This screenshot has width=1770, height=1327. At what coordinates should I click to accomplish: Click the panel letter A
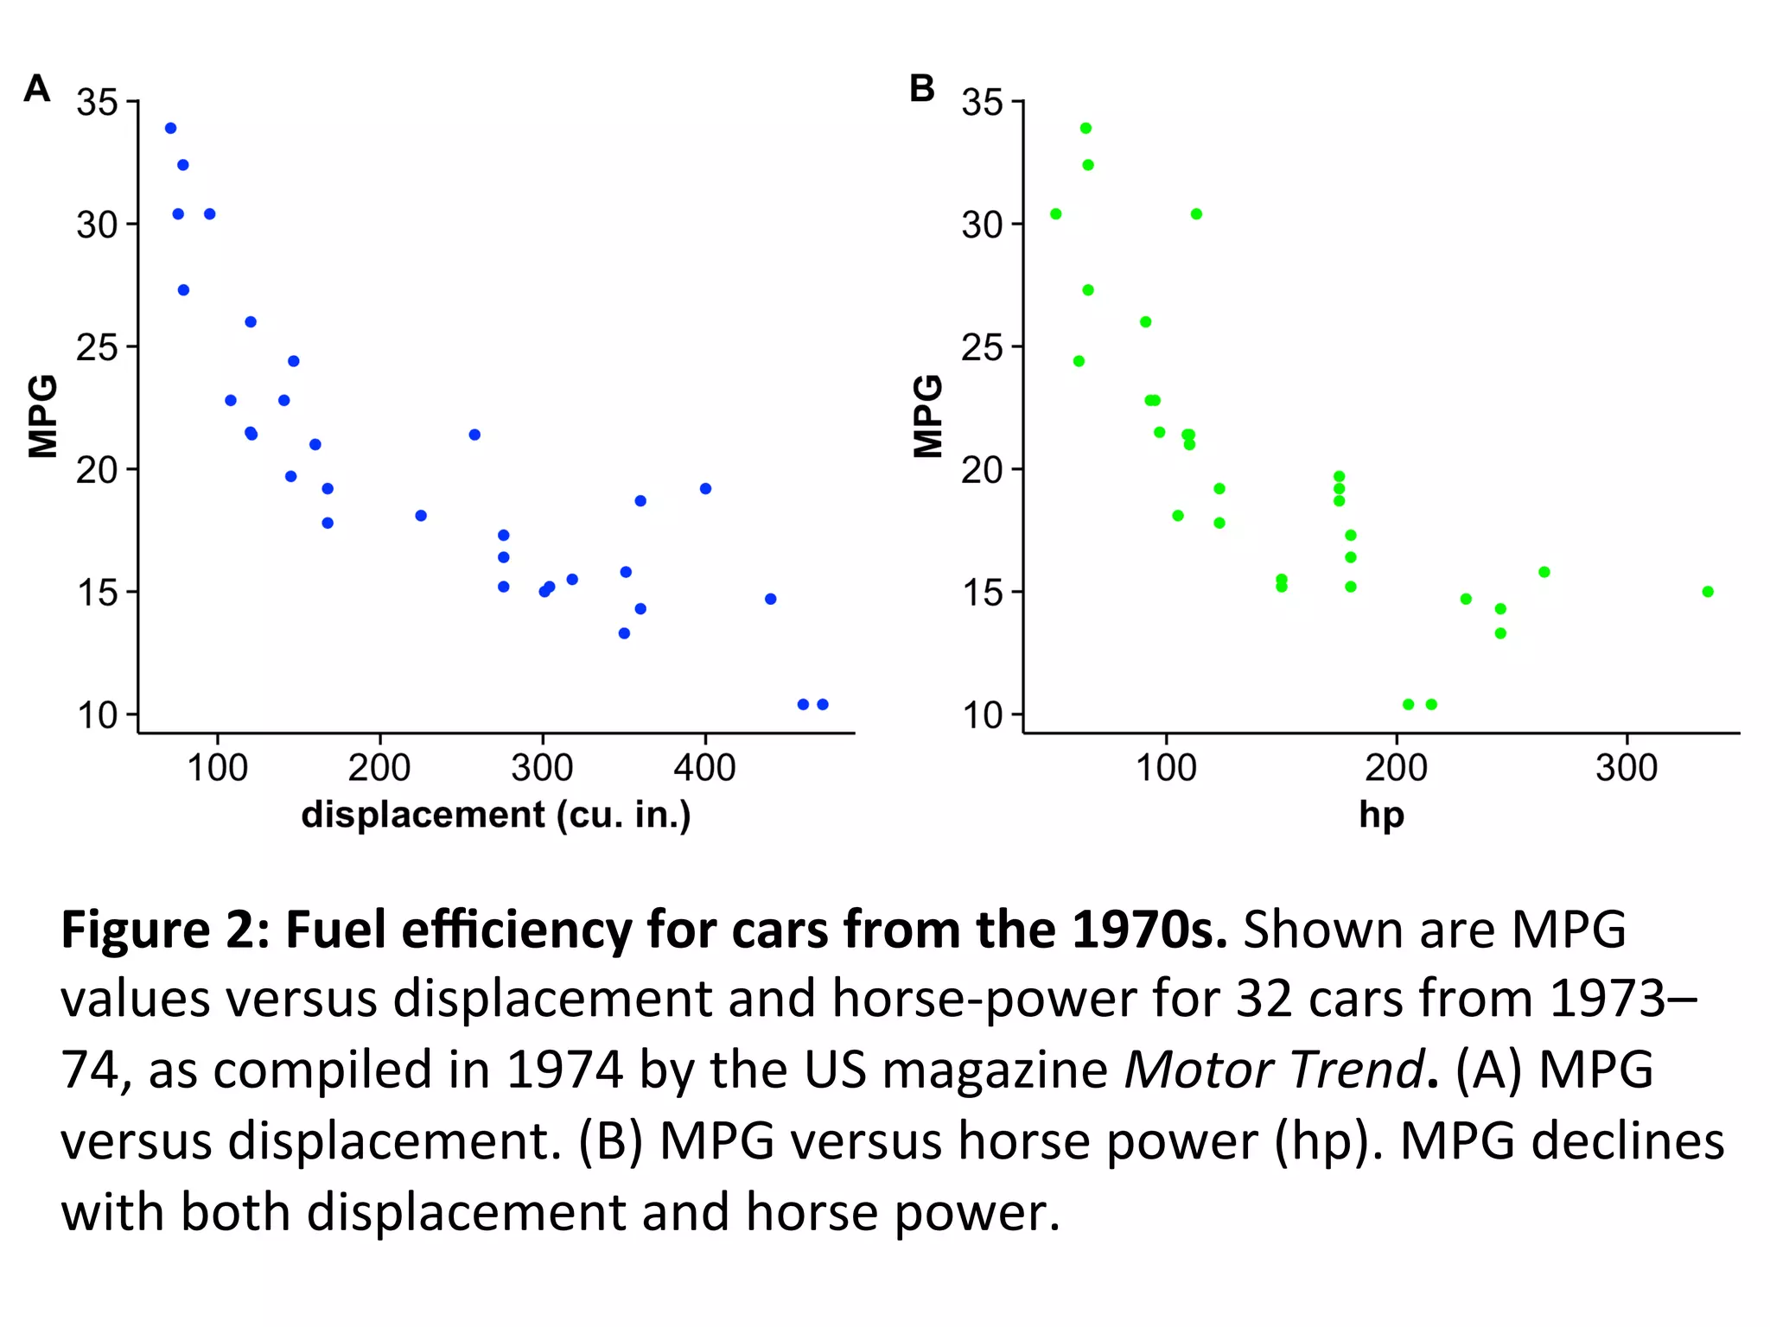coord(37,88)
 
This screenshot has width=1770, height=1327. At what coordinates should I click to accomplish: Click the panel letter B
coord(922,88)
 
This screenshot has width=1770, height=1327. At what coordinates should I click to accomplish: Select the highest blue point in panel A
coord(170,129)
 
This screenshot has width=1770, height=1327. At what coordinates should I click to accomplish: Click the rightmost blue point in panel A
coord(823,704)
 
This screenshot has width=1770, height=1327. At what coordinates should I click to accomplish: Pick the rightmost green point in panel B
coord(1708,592)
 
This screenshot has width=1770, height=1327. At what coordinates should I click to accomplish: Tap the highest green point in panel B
coord(1086,129)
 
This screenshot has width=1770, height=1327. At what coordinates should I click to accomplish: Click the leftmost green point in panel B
coord(1055,214)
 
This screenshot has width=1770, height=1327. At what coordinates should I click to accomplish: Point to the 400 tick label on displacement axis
coord(704,768)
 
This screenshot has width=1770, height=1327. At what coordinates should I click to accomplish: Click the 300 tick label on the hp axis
coord(1627,768)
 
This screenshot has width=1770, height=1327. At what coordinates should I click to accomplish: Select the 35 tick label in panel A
coord(97,103)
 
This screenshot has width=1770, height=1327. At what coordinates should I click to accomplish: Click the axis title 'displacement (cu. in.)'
coord(496,816)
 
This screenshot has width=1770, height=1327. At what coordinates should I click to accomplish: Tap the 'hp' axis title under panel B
coord(1381,816)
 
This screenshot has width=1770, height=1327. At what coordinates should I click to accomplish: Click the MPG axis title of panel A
coord(43,416)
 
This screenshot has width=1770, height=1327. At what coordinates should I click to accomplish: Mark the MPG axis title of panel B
coord(928,416)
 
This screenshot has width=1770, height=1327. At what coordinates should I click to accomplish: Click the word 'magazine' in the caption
coord(996,1071)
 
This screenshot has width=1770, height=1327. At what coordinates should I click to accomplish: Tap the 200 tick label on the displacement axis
coord(379,768)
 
